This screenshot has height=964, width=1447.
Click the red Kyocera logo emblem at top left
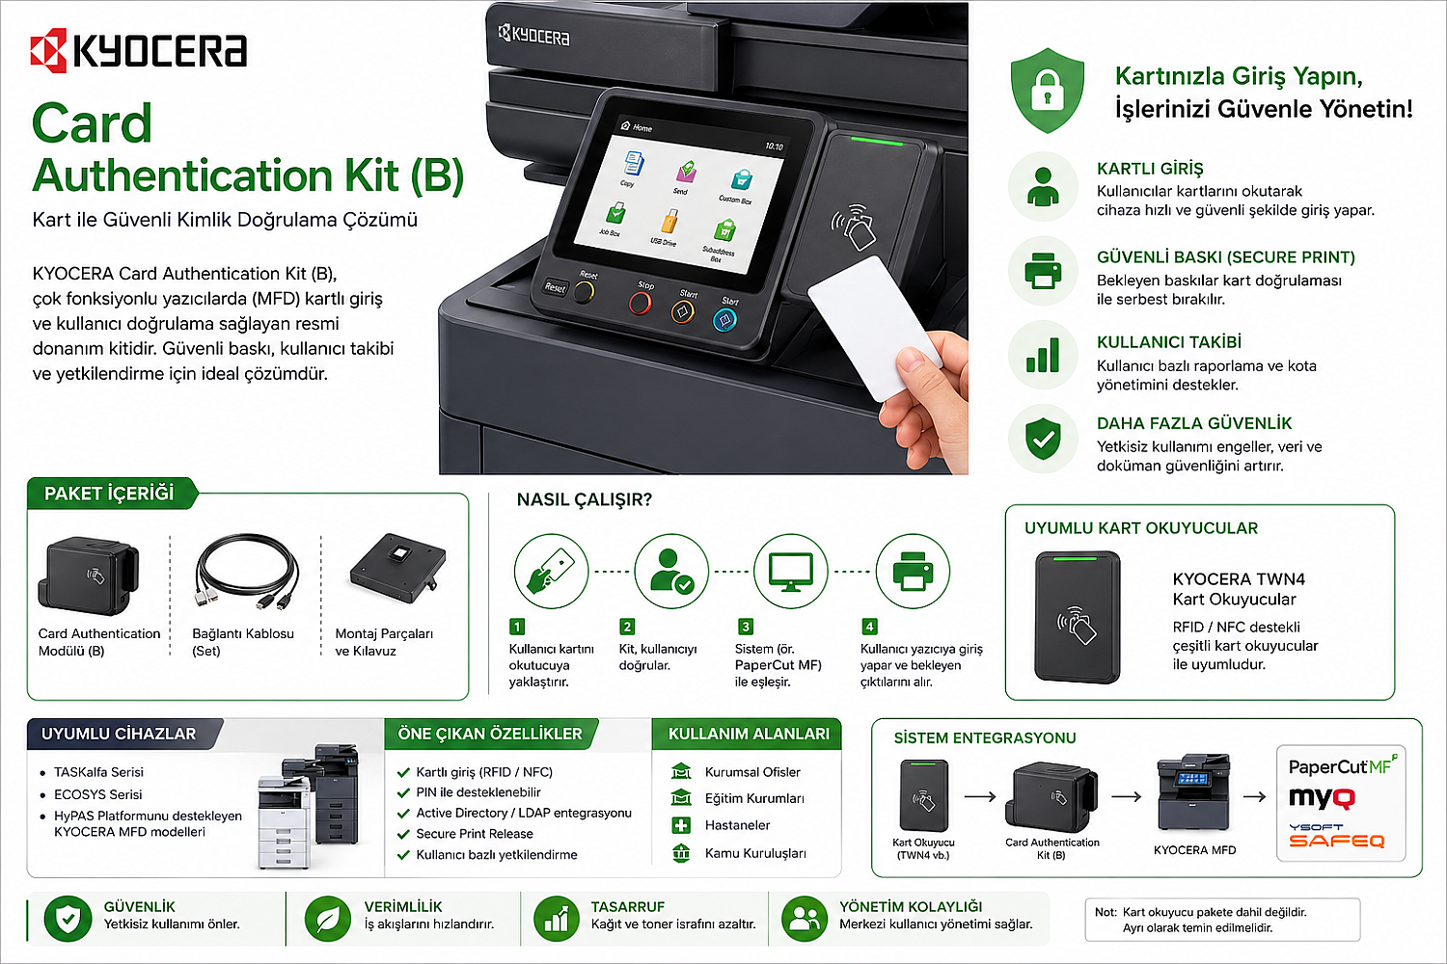48,50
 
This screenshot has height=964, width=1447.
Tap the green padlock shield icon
1047,91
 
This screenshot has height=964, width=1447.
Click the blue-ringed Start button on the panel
724,320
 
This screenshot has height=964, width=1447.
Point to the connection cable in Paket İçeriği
246,572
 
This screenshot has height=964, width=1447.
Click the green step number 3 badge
746,627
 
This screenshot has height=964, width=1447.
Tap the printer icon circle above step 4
913,571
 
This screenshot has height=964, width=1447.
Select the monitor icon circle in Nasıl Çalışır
791,571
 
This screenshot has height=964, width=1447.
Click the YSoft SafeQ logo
1336,836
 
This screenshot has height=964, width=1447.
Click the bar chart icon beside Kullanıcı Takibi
1043,355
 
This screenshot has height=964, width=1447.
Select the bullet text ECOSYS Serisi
98,794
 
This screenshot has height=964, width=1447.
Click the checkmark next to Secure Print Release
404,834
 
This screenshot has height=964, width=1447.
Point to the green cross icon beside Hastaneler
681,825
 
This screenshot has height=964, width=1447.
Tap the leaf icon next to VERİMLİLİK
328,918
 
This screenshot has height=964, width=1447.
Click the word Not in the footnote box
1106,912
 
